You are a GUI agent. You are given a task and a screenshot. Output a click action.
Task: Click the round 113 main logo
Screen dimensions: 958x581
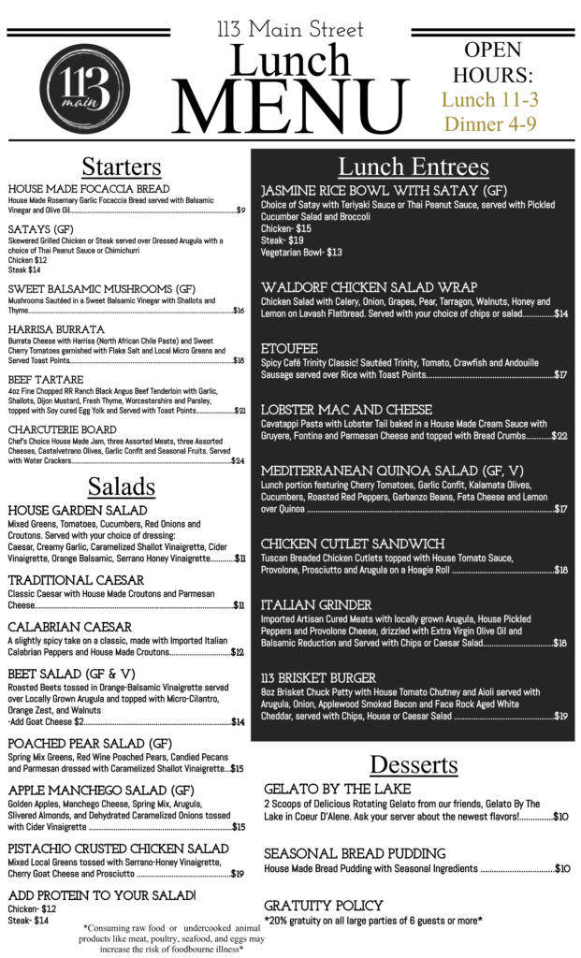[82, 91]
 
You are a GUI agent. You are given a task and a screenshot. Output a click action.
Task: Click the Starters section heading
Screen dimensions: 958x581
[121, 167]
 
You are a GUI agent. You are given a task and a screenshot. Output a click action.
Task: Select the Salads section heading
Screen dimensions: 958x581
[121, 486]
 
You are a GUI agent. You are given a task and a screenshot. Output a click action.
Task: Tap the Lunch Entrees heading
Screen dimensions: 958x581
[413, 167]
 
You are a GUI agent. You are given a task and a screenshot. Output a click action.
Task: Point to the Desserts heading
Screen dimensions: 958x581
[414, 764]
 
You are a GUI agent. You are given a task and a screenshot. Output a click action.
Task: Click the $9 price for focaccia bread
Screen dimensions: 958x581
[240, 210]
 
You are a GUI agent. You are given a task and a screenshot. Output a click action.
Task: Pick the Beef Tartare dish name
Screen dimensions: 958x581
[46, 380]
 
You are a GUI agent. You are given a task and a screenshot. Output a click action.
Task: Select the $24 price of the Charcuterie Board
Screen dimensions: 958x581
[238, 460]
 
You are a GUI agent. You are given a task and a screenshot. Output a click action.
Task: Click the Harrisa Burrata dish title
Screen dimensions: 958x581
[56, 329]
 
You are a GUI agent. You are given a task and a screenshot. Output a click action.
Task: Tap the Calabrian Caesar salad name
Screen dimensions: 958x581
[69, 627]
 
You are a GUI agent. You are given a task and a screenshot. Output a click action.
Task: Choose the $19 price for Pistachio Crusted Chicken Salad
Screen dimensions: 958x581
[238, 874]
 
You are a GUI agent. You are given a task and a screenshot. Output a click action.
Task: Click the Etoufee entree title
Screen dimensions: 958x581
[290, 348]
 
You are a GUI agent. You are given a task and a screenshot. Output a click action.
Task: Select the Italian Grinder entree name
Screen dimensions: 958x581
[316, 605]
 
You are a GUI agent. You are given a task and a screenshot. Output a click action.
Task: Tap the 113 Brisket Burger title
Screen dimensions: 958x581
[318, 677]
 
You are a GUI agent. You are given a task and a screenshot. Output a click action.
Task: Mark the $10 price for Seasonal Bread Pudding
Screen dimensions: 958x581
[561, 868]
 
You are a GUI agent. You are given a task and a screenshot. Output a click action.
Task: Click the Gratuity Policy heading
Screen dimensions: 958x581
[323, 906]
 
